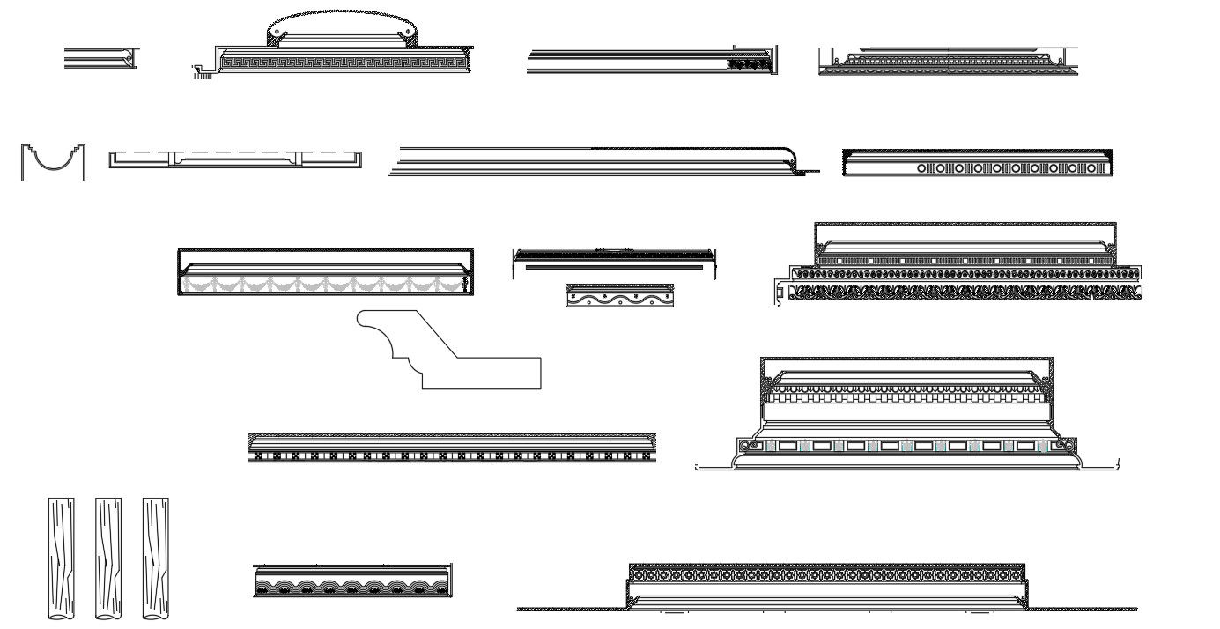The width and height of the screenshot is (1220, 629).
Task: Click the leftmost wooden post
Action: pyautogui.click(x=62, y=559)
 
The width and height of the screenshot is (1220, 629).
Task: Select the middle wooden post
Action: pyautogui.click(x=108, y=559)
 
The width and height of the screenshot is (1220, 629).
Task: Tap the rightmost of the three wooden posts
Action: pyautogui.click(x=156, y=559)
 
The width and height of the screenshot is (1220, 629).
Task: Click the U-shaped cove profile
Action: pyautogui.click(x=53, y=162)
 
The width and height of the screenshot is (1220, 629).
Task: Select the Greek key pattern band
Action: pyautogui.click(x=343, y=63)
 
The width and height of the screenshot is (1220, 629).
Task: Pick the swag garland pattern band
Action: pyautogui.click(x=325, y=285)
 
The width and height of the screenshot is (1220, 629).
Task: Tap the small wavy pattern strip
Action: pyautogui.click(x=620, y=296)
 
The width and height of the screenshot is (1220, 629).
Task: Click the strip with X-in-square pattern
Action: pyautogui.click(x=451, y=456)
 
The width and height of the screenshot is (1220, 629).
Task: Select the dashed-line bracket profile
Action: pyautogui.click(x=235, y=159)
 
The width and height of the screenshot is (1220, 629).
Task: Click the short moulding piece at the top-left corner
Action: pyautogui.click(x=100, y=59)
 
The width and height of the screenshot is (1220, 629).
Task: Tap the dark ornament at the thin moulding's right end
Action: pyautogui.click(x=750, y=64)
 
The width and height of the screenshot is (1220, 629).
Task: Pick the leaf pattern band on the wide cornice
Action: pyautogui.click(x=965, y=292)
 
